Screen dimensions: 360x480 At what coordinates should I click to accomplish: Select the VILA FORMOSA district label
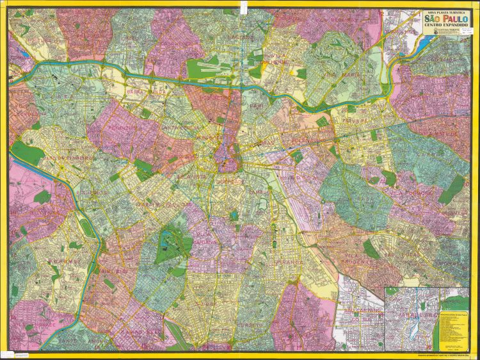click(410, 192)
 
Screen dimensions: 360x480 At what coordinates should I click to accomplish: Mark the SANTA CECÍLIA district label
click(177, 126)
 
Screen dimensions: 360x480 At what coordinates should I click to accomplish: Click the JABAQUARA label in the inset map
click(409, 317)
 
